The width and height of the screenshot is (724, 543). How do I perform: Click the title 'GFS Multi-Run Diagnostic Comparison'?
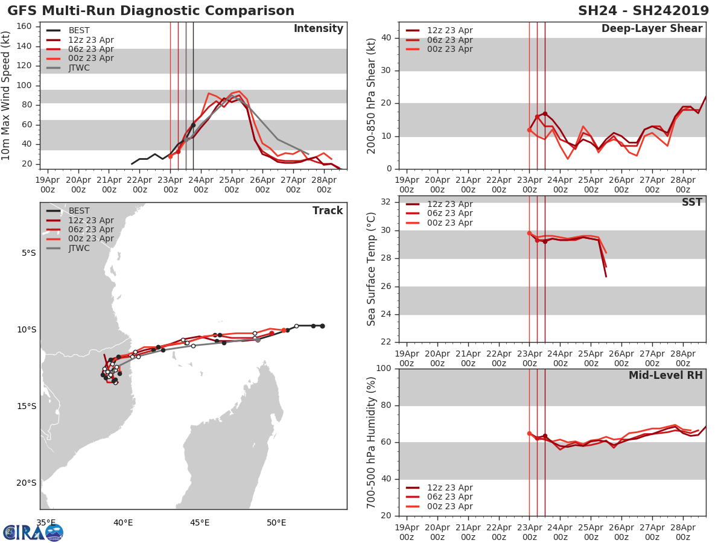[151, 11]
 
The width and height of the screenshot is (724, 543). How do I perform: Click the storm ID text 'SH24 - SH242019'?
[643, 11]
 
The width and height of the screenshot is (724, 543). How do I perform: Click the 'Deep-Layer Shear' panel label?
[652, 29]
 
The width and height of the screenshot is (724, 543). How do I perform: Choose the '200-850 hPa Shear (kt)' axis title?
[372, 95]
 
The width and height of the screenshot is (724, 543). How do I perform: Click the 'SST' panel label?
[691, 203]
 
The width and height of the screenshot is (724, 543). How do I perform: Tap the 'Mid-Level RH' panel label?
[665, 376]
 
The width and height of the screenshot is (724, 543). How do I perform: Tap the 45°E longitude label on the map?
[200, 522]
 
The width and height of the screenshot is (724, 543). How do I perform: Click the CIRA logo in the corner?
[33, 532]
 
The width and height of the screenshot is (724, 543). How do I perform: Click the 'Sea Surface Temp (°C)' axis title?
[372, 269]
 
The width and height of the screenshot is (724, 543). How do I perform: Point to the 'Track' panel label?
[327, 211]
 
